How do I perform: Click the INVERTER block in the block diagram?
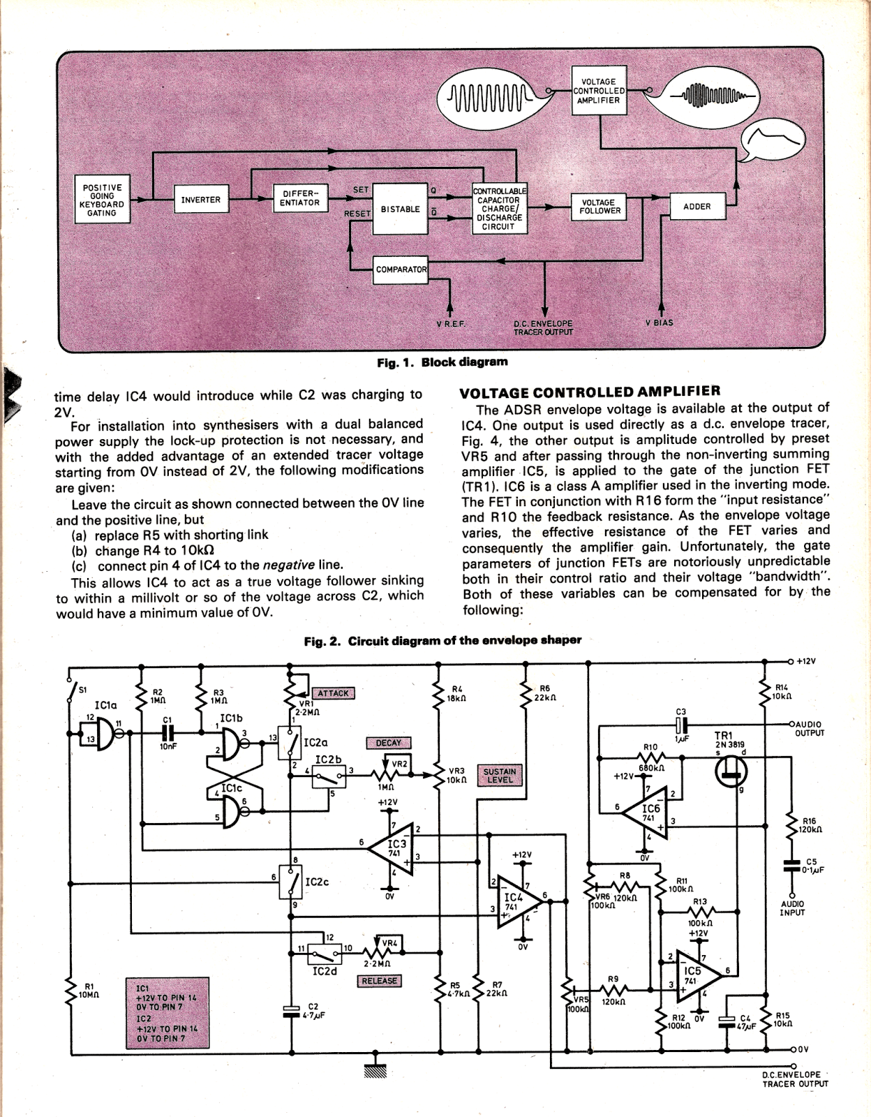pos(200,200)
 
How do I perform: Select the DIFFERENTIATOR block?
pos(300,198)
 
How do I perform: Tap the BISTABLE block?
pos(400,209)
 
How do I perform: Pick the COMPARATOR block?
pos(401,269)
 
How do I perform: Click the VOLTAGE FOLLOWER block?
pos(599,207)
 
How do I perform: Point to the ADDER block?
pos(697,207)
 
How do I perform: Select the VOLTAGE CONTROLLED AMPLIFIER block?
pos(599,91)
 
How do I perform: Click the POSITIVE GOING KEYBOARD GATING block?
pos(102,200)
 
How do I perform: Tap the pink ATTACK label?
pos(333,693)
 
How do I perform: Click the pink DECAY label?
pos(388,743)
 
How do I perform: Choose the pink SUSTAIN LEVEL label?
pos(499,776)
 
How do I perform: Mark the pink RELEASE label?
pos(379,981)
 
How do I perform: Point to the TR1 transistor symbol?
pos(731,771)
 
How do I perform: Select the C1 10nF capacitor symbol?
pos(167,733)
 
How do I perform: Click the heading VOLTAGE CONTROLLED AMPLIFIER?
pos(590,392)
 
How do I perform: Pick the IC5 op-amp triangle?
pos(692,974)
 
